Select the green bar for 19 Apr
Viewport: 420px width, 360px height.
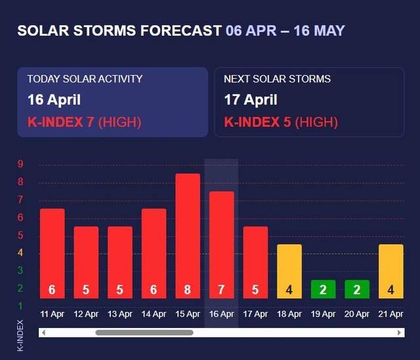pos(323,289)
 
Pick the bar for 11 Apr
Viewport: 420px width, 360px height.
pos(52,252)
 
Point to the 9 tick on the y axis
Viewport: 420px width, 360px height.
pos(20,164)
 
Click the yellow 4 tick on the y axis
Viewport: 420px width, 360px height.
pos(20,252)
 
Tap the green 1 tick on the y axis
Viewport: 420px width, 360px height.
pos(20,306)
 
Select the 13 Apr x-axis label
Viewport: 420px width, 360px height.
pos(120,314)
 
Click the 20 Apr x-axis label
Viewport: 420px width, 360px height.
pos(357,314)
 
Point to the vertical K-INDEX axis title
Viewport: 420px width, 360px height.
pos(20,335)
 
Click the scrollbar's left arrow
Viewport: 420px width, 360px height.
pos(43,332)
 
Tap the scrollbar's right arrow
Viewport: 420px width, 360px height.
pos(400,332)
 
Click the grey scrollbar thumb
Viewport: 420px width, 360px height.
pos(144,332)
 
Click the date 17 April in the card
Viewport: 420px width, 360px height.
pos(251,100)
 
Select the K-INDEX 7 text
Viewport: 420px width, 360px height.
pos(60,122)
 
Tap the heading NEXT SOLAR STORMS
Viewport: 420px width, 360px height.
pos(277,79)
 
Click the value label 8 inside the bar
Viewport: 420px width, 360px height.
pos(188,289)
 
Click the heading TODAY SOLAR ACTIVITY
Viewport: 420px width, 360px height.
pos(85,79)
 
